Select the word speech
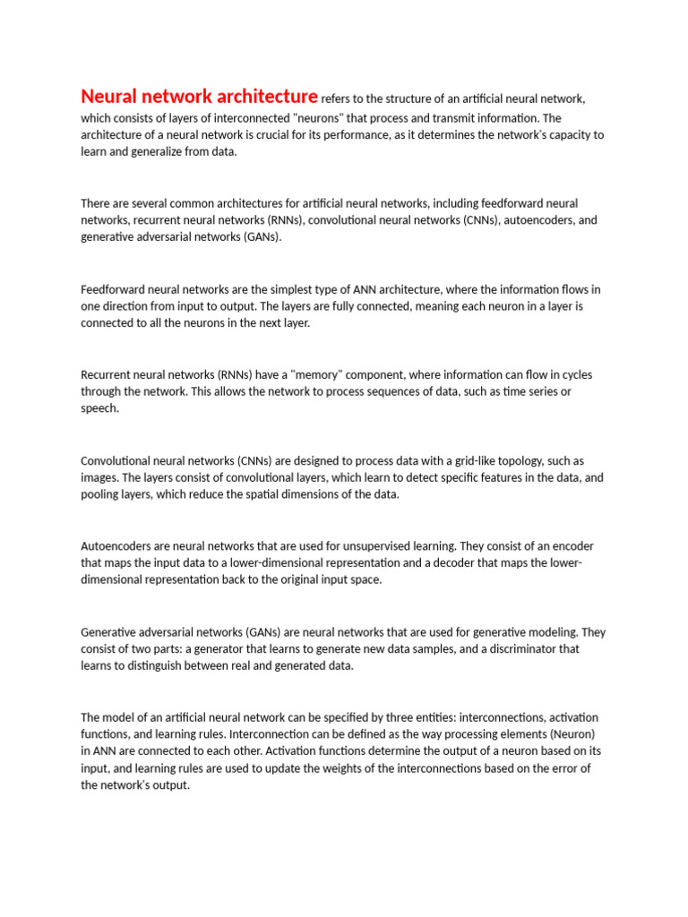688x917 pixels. pyautogui.click(x=99, y=408)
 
